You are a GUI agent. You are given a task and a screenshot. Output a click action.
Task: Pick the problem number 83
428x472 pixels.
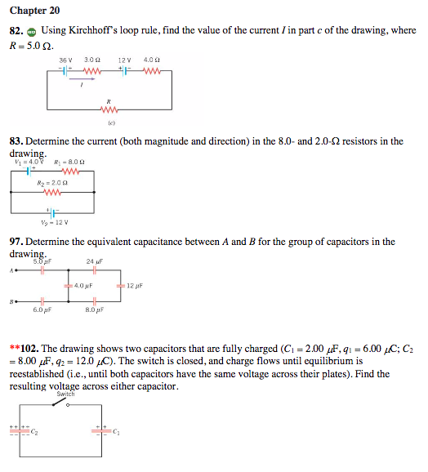point(18,141)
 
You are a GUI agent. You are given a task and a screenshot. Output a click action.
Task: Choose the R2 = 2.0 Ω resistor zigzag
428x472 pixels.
point(53,193)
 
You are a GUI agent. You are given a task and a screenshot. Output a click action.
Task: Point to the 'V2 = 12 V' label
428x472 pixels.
point(55,220)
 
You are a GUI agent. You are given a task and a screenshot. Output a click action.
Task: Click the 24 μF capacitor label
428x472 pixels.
point(94,261)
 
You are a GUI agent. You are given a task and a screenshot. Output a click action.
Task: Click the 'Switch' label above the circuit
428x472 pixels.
point(65,394)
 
